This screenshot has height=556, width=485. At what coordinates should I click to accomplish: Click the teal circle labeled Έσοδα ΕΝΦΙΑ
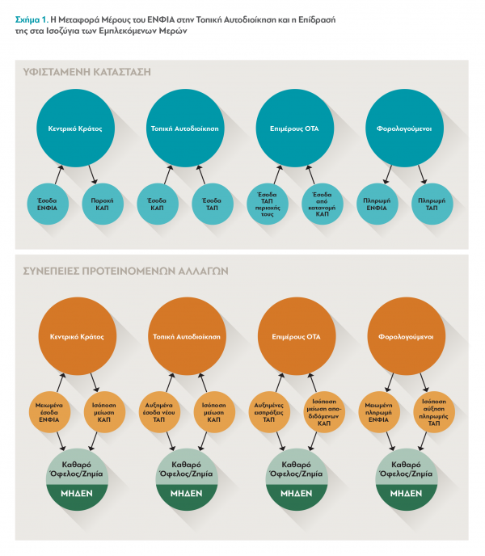click(48, 204)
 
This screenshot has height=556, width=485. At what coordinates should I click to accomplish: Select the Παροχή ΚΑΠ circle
click(103, 204)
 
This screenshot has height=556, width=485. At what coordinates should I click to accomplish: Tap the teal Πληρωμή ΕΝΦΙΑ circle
click(377, 204)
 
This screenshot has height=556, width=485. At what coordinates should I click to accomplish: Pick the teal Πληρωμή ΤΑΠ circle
click(432, 204)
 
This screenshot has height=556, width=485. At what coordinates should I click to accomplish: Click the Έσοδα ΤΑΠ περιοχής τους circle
click(268, 204)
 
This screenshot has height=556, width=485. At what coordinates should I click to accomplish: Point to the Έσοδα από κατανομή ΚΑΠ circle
click(323, 204)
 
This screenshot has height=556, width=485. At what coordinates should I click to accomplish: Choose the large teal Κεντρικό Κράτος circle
click(75, 128)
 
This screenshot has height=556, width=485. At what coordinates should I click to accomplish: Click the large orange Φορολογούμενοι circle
click(407, 336)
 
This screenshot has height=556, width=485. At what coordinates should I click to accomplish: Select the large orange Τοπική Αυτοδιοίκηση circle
click(187, 336)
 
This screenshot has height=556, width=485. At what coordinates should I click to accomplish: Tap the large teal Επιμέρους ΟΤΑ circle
click(295, 128)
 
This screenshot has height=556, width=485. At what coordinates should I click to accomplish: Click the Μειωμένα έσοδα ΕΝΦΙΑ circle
click(49, 412)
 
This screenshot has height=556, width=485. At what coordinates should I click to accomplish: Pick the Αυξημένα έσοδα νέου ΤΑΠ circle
click(159, 412)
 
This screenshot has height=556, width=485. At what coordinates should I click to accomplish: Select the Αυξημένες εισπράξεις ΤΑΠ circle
click(269, 412)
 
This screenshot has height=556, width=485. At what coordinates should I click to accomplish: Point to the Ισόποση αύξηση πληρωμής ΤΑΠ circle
click(434, 412)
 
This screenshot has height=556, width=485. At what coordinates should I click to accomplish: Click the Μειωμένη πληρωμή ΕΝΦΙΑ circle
click(379, 412)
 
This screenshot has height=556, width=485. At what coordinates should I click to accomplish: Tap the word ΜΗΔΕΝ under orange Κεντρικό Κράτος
click(77, 493)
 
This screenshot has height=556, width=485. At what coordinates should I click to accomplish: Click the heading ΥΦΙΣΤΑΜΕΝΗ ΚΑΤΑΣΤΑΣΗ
click(87, 72)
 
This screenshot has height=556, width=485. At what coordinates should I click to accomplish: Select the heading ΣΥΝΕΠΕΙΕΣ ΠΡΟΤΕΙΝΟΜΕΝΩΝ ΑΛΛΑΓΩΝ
click(125, 272)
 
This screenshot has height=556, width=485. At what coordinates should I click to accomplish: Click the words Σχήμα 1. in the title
click(32, 20)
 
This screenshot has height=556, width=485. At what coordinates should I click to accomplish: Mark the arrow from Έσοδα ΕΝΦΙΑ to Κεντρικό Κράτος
click(59, 175)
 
